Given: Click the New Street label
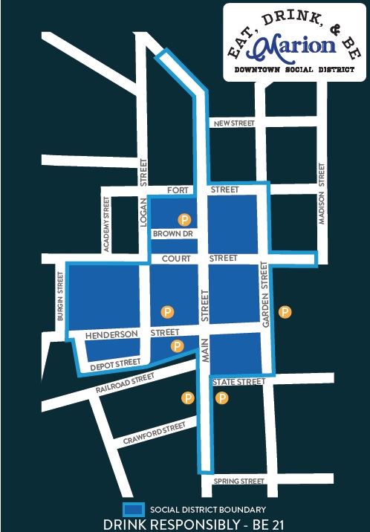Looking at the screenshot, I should click(233, 123).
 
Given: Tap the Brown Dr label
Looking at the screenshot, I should click(173, 234).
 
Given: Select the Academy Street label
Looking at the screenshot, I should click(107, 224).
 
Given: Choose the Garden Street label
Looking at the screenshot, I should click(263, 295).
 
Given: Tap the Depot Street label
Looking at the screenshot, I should click(115, 365).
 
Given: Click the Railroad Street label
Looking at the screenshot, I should click(125, 383).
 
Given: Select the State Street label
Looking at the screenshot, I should click(238, 382).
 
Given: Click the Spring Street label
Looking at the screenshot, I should click(239, 481).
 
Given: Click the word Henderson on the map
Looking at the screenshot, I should click(112, 335).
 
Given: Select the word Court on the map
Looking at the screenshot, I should click(176, 258).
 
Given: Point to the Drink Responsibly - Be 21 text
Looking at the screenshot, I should click(191, 523).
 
